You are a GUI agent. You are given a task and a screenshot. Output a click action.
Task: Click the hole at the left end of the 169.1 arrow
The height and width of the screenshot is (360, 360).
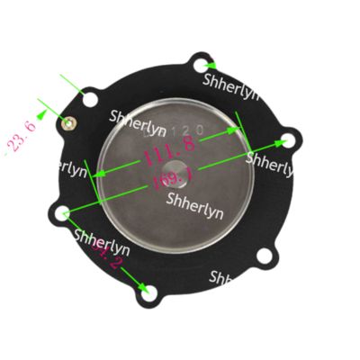(x=62, y=214)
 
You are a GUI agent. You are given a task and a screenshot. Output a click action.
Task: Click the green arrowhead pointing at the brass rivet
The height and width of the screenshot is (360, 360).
(x=67, y=119)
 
